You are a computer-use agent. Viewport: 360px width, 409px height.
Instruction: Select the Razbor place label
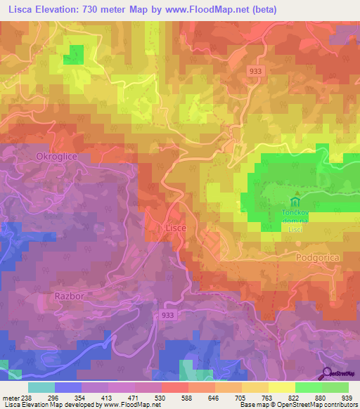[x=70, y=296]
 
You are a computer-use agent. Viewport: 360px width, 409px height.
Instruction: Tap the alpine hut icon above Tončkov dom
[x=297, y=193]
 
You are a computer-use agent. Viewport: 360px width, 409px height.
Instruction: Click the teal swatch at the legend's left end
[x=41, y=387]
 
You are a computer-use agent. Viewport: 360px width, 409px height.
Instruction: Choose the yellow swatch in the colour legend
[x=281, y=387]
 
